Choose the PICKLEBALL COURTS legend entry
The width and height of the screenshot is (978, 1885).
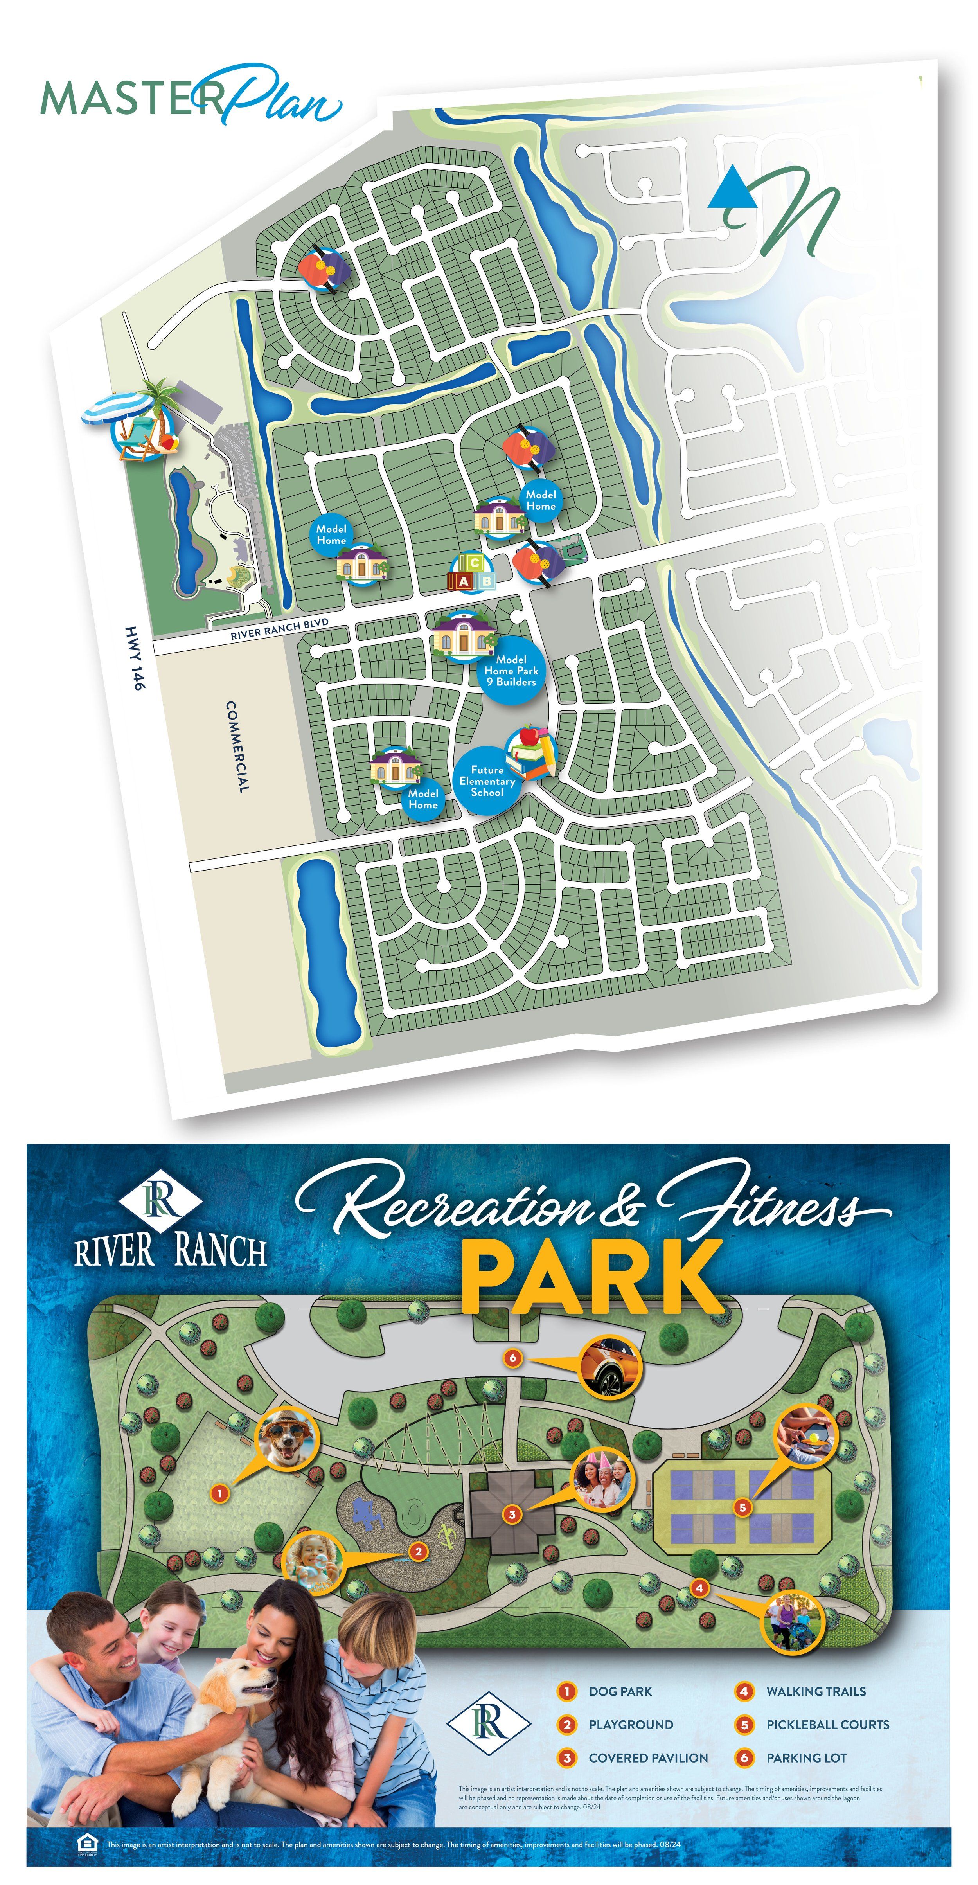point(827,1724)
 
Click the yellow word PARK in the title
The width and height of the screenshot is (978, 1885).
point(593,1278)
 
